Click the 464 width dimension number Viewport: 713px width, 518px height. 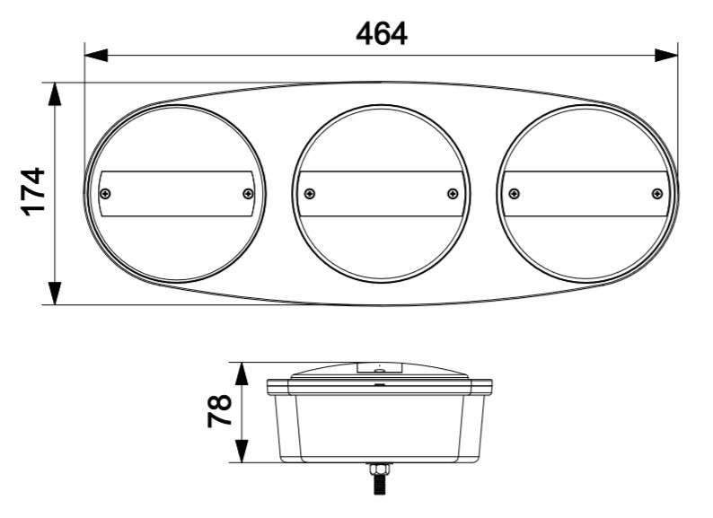click(x=381, y=33)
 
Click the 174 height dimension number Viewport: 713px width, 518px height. click(x=33, y=191)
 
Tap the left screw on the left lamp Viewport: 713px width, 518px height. click(x=106, y=194)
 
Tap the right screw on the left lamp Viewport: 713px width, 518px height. click(x=249, y=194)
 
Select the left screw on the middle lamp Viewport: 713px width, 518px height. click(x=310, y=194)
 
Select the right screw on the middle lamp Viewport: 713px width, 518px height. click(x=453, y=194)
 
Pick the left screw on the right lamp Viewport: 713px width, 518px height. click(x=515, y=194)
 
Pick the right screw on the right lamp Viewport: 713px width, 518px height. click(x=657, y=194)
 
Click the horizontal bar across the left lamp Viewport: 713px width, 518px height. click(x=177, y=194)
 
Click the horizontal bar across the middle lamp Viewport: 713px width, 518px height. click(x=381, y=194)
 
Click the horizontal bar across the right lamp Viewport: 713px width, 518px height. click(x=585, y=194)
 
